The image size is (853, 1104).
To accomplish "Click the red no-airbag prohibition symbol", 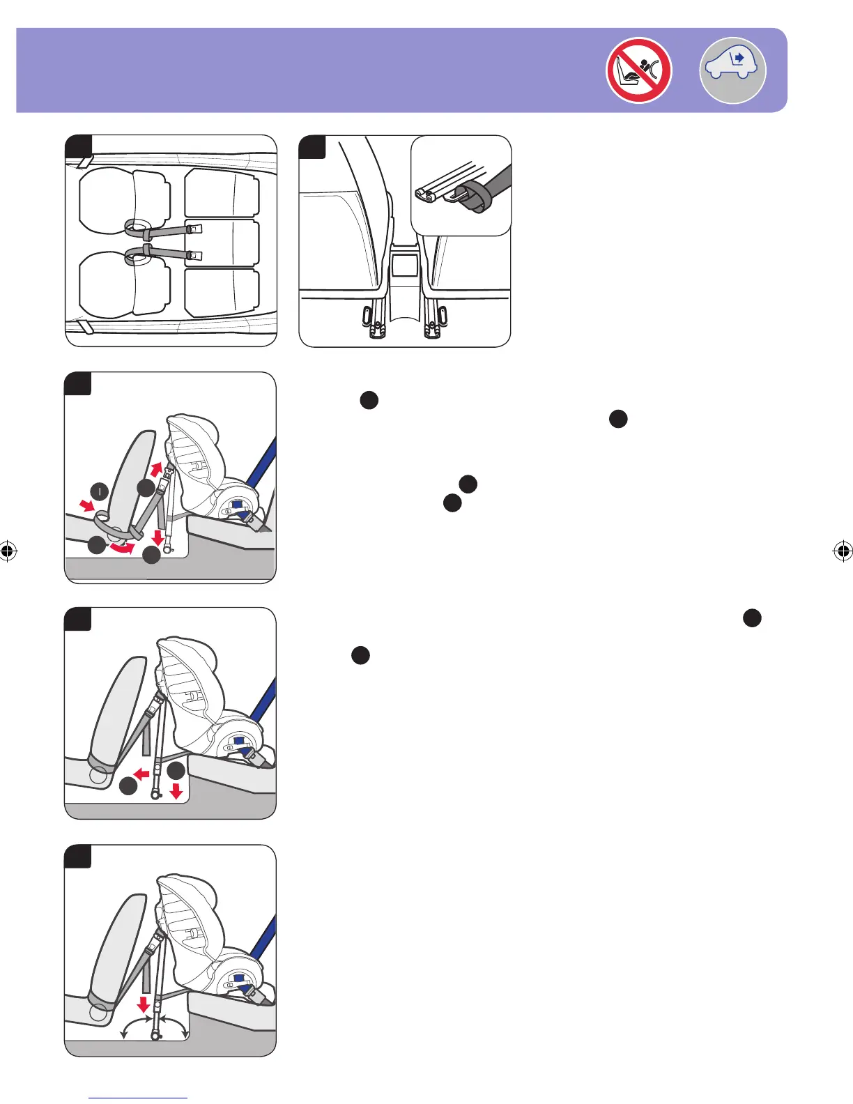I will click(x=638, y=70).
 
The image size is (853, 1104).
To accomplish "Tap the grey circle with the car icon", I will click(x=732, y=70).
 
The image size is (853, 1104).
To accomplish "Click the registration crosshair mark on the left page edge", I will click(x=8, y=551).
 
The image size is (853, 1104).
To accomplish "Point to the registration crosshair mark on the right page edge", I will click(x=843, y=551).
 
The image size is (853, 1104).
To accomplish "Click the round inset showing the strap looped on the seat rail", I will click(x=461, y=186).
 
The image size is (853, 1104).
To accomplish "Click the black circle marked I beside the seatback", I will click(x=100, y=491).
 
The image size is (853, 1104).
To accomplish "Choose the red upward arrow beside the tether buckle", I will click(x=157, y=468).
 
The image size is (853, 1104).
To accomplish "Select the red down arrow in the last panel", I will click(x=144, y=1004).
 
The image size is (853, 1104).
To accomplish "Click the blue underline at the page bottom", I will click(x=138, y=1098).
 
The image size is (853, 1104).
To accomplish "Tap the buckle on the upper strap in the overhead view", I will click(x=194, y=228).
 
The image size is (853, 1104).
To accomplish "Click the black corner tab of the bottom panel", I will click(x=78, y=856).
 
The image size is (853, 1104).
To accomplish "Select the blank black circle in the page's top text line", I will click(x=369, y=400).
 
